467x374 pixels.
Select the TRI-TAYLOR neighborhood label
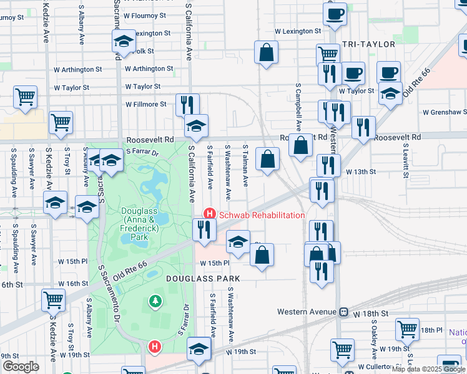pos(369,44)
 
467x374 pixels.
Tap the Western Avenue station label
pos(307,311)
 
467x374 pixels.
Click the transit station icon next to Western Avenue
pos(343,311)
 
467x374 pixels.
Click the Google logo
pos(21,367)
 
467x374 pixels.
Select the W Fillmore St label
pos(146,105)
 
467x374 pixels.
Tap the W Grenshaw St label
pos(444,113)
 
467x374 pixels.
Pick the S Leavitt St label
pos(405,160)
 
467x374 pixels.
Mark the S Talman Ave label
pos(245,166)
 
